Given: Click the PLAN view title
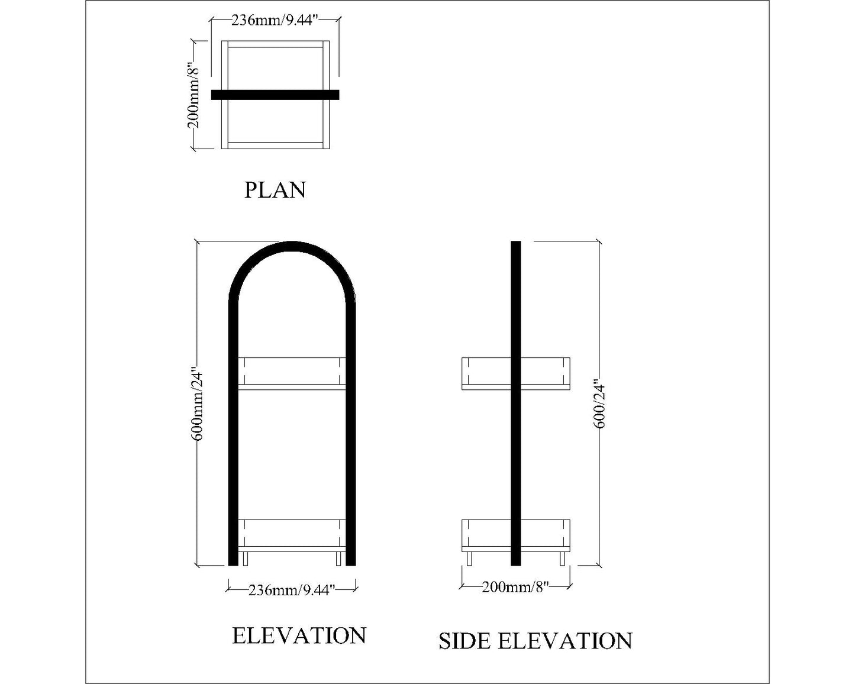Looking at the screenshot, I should coord(275,191).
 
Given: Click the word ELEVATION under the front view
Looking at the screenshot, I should coord(299,636).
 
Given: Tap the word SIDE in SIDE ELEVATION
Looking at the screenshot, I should coord(464,641).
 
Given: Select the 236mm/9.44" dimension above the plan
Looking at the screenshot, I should coord(275,20).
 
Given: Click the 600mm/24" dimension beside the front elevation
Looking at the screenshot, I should coord(198,405).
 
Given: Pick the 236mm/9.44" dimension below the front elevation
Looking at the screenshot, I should coord(292,589).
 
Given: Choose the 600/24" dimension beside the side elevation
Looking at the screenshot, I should coord(599,405).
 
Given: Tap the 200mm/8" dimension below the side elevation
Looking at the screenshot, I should coord(515,587).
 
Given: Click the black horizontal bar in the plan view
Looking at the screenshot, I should coord(275,95).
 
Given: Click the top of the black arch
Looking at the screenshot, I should coord(292,246).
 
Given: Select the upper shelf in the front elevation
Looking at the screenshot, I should coord(292,373).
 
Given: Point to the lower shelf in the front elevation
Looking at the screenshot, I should coord(292,535).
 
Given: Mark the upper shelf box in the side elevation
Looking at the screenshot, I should coord(485,374).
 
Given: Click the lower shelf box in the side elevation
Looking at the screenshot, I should coord(485,535).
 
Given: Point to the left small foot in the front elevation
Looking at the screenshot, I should coord(246,559).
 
